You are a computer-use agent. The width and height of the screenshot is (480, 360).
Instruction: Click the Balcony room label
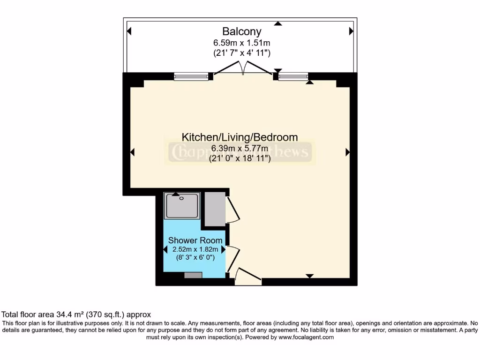pos(241,31)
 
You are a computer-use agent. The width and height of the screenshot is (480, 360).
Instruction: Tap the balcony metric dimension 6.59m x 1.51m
pos(241,43)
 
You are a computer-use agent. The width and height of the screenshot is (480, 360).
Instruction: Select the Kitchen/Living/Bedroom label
pos(240,137)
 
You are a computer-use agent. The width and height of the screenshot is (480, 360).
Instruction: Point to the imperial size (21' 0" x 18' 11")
pos(240,158)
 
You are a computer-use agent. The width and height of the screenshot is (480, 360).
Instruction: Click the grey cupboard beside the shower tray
pos(215,209)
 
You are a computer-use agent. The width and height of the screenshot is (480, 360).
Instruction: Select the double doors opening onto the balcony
pos(243,69)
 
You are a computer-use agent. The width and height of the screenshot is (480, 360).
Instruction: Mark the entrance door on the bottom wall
pos(247,277)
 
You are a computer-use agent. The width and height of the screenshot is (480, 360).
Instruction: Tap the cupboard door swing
pos(233,210)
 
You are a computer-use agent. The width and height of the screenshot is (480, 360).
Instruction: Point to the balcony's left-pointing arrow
pos(129,31)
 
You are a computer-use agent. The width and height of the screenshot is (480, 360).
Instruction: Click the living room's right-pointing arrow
pos(348,152)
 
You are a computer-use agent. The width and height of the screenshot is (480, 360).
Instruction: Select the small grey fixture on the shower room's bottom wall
pos(193,275)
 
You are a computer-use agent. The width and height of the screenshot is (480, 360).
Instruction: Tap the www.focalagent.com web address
pos(306,337)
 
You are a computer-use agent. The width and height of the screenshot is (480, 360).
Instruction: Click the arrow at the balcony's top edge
pos(278,23)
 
